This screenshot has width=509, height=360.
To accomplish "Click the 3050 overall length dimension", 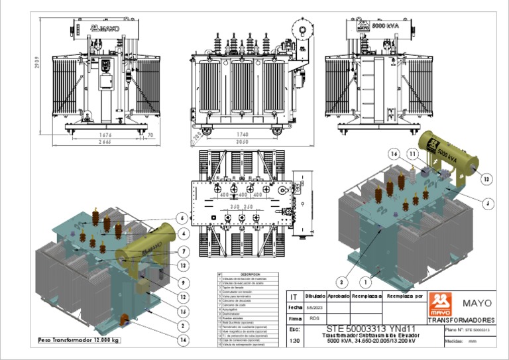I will click(x=242, y=142).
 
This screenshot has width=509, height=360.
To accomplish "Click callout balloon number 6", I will click(x=182, y=217).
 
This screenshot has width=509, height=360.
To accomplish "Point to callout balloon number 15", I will click(x=182, y=311).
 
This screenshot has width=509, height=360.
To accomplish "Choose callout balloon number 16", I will click(x=394, y=153).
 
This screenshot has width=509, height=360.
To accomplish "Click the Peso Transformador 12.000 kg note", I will click(x=79, y=340).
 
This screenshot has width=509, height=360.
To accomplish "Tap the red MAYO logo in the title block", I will click(x=440, y=304).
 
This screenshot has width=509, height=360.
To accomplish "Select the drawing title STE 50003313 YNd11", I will click(x=369, y=329).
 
